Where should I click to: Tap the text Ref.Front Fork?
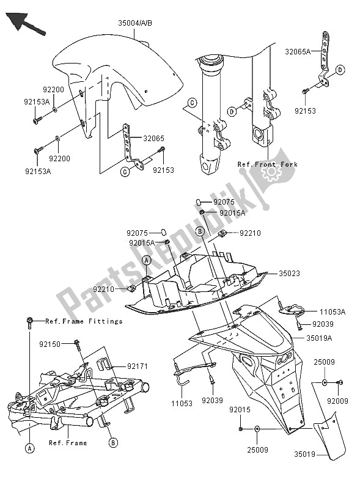pyautogui.click(x=266, y=164)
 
